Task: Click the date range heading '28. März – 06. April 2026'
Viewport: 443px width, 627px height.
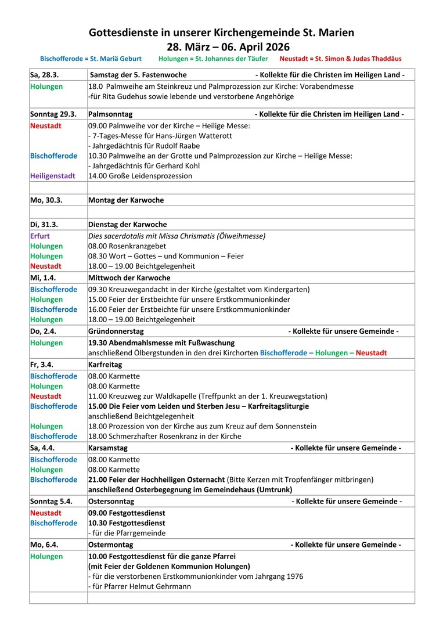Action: pyautogui.click(x=221, y=47)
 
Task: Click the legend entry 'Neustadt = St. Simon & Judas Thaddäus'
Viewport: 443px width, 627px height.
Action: pyautogui.click(x=340, y=59)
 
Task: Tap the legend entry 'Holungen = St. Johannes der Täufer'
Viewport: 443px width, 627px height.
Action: pyautogui.click(x=213, y=59)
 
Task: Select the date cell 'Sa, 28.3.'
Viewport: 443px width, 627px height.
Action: pyautogui.click(x=44, y=75)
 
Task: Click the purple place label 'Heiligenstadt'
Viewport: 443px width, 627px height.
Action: pyautogui.click(x=53, y=176)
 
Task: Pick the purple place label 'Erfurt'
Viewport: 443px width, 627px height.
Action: pyautogui.click(x=40, y=236)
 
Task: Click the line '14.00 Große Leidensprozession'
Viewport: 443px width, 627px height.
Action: pyautogui.click(x=140, y=176)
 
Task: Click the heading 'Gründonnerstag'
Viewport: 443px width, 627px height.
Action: pyautogui.click(x=116, y=331)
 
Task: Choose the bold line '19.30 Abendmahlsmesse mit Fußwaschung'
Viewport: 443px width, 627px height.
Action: pyautogui.click(x=161, y=343)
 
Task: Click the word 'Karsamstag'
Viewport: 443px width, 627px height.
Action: pyautogui.click(x=108, y=448)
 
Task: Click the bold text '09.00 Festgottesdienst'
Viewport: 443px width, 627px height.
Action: pyautogui.click(x=127, y=513)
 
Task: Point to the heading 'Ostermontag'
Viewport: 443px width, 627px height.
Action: pyautogui.click(x=110, y=545)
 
